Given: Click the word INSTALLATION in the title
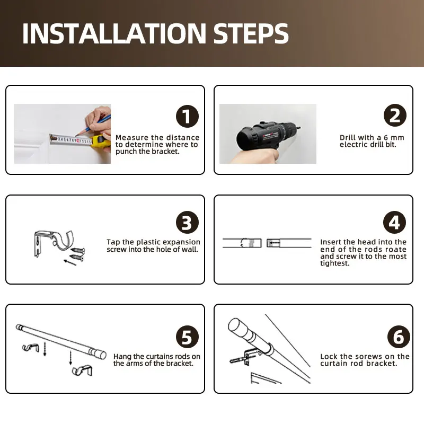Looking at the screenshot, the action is (x=114, y=33).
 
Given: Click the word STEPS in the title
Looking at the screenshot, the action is (x=251, y=33).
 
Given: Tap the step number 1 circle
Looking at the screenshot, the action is (x=187, y=116).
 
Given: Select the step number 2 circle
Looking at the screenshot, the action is (x=395, y=115).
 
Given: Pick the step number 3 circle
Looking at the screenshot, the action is (x=187, y=222).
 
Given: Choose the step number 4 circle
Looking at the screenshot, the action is (x=394, y=222).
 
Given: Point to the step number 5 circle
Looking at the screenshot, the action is (x=187, y=337).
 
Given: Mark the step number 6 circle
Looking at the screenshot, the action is (x=399, y=337).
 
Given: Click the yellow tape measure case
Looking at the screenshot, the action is (x=100, y=141).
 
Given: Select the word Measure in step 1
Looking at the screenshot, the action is (x=132, y=138).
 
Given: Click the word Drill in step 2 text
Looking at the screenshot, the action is (x=348, y=138).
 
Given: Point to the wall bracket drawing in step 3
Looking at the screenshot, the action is (x=54, y=243).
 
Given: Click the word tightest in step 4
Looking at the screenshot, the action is (x=335, y=263).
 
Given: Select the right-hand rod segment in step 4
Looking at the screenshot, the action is (x=289, y=243).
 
